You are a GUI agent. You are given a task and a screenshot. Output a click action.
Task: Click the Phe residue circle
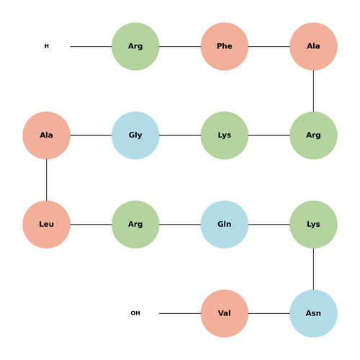click(x=225, y=46)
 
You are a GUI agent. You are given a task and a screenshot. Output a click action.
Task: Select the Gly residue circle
click(x=135, y=135)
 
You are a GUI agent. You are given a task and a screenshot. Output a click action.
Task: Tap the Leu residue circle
click(x=46, y=225)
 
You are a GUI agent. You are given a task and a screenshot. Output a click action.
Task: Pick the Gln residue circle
click(x=225, y=225)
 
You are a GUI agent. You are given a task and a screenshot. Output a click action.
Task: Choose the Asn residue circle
click(x=313, y=313)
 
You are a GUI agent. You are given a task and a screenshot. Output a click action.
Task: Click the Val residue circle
click(x=225, y=313)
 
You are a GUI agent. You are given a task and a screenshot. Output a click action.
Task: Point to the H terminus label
click(x=47, y=46)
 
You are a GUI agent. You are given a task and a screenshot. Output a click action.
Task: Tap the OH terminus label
click(x=135, y=313)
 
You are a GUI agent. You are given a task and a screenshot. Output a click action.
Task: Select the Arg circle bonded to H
click(x=135, y=46)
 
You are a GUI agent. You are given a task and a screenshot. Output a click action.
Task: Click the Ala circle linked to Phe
click(x=313, y=46)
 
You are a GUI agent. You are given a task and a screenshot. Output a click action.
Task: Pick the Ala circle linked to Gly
click(x=46, y=135)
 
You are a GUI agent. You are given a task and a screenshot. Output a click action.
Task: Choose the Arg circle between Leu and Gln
click(x=135, y=225)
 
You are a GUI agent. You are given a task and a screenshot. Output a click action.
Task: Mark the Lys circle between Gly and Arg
click(x=225, y=135)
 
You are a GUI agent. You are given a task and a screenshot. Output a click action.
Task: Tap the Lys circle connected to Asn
click(x=313, y=225)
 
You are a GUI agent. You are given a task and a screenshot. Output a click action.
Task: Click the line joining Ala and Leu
click(x=46, y=180)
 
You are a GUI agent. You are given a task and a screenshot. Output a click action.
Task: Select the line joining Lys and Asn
click(x=313, y=269)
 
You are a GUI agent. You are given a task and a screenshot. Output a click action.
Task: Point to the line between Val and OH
click(x=180, y=313)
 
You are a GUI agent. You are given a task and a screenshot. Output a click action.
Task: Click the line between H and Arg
click(x=91, y=46)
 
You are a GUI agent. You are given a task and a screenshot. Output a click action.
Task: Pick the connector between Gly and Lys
click(x=180, y=135)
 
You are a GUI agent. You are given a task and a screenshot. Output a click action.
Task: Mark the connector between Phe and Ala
click(x=269, y=46)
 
